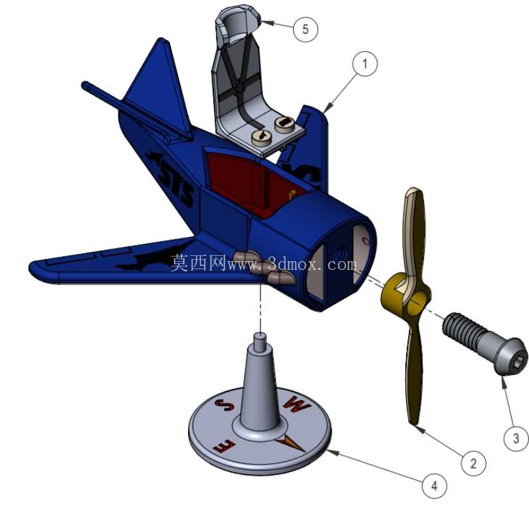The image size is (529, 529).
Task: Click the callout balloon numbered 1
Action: (x=365, y=63)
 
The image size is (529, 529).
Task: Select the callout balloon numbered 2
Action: (x=473, y=464)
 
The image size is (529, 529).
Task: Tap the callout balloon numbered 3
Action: (x=516, y=438)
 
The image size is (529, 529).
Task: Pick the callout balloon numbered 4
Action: (x=435, y=486)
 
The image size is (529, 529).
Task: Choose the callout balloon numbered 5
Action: (x=305, y=29)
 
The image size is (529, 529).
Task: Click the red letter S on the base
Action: (x=225, y=405)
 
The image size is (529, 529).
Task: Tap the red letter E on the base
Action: (x=224, y=447)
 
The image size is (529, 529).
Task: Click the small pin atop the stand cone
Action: (x=260, y=342)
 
